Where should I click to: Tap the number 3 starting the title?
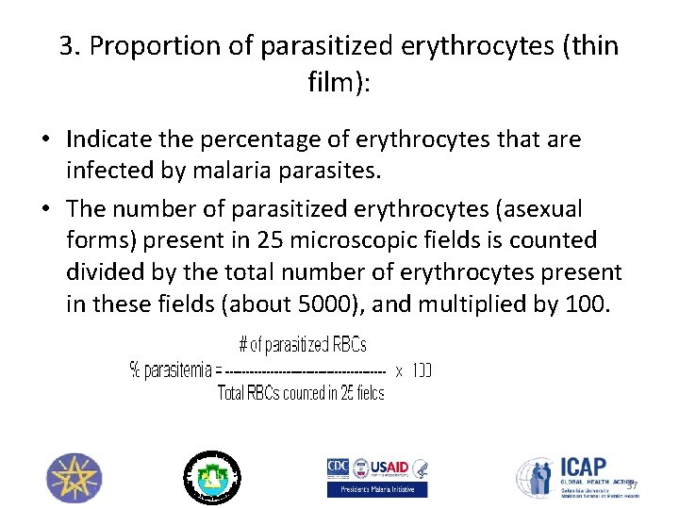coord(67,46)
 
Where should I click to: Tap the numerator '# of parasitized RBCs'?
coord(302,345)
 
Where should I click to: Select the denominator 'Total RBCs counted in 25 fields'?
coord(301,393)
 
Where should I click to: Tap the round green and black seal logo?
coord(211,477)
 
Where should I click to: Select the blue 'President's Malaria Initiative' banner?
coord(376,489)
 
